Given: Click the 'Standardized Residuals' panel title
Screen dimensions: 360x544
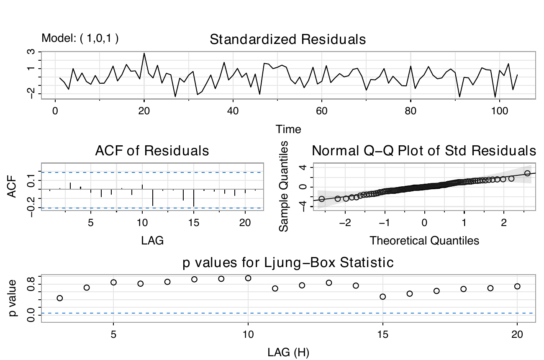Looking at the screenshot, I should point(288,40).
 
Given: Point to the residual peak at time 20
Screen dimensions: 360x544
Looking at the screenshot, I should point(144,54).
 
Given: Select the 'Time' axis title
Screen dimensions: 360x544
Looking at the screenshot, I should point(288,129).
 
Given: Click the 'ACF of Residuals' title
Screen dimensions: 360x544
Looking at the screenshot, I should point(152,151).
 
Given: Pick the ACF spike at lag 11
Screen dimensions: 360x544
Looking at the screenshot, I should point(153,197).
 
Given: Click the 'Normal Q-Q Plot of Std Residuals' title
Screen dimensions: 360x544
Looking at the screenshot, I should point(424,151).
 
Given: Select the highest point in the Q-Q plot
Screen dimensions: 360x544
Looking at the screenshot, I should point(527,173).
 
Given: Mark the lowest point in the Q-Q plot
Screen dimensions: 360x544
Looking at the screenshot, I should point(321,199).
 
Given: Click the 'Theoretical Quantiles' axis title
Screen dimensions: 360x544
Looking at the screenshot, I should point(424,241).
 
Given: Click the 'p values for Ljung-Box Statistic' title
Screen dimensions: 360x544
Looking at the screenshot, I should point(288,263).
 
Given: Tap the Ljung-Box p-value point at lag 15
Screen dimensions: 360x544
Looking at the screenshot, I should point(382,296).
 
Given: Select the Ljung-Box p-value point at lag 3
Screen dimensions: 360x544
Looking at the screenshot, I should point(60,298).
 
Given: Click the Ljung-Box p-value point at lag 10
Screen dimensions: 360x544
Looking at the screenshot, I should point(248,278).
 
